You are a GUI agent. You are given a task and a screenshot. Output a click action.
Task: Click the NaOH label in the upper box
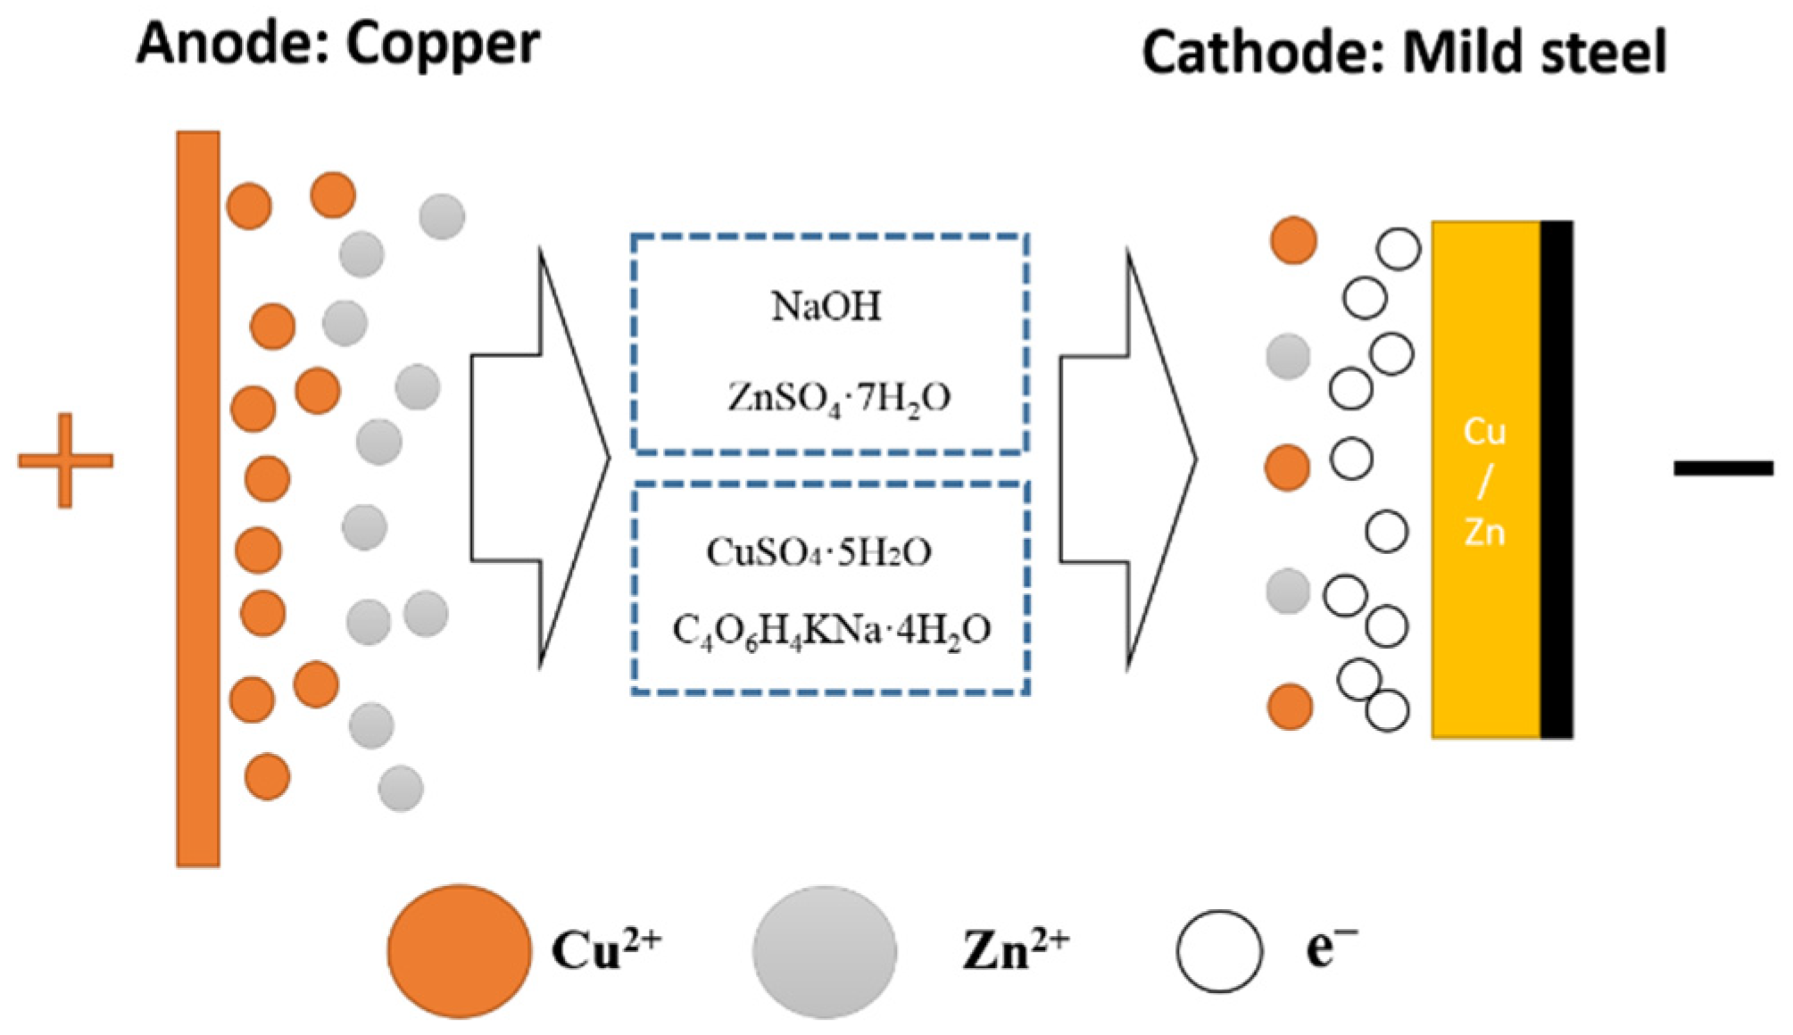(826, 307)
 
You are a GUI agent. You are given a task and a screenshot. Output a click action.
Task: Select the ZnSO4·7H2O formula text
(839, 397)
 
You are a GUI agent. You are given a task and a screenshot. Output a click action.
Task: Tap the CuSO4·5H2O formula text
(818, 553)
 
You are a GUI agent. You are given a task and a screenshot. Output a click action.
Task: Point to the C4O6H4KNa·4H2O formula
(831, 631)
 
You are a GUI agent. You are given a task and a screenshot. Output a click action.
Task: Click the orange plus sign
(65, 460)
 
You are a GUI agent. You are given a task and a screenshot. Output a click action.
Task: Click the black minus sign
(1722, 468)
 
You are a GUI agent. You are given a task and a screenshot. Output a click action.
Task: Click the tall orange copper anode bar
(198, 500)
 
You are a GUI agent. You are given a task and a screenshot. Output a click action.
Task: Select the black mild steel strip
(1556, 480)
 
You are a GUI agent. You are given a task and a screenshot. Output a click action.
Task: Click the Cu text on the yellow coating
(1484, 433)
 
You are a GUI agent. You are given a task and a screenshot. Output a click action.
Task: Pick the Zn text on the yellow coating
(1484, 533)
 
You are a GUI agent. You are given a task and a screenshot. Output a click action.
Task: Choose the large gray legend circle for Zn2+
(824, 951)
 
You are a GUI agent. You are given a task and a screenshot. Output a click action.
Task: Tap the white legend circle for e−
(1219, 951)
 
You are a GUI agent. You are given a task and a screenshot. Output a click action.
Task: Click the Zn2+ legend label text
(1015, 950)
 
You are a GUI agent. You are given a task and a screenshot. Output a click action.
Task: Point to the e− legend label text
(1331, 948)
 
